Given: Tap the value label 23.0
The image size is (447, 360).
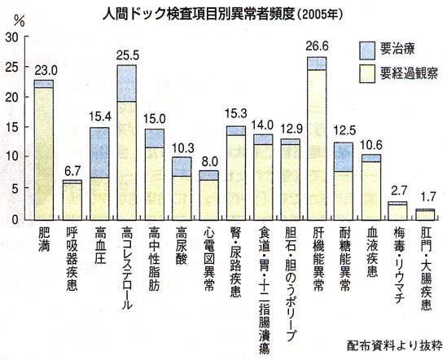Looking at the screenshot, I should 44,70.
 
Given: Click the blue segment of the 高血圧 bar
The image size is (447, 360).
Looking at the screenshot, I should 99,152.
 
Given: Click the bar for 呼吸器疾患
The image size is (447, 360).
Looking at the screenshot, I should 72,200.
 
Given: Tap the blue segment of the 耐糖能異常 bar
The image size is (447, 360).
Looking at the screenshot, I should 344,156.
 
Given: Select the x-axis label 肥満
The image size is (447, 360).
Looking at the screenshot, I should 44,239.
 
